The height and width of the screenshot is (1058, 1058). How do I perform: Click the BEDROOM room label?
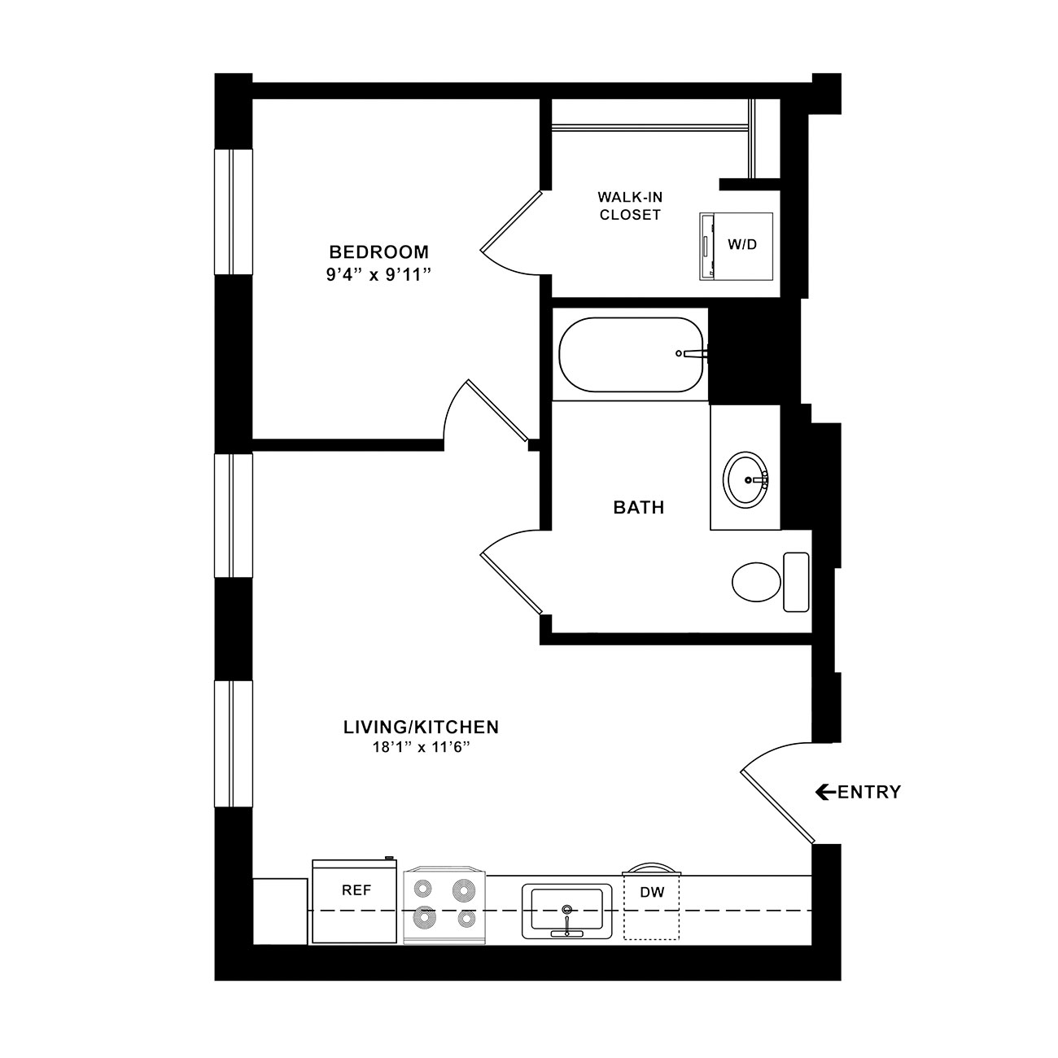click(x=378, y=252)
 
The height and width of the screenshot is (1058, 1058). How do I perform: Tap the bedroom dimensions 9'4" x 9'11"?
click(x=378, y=274)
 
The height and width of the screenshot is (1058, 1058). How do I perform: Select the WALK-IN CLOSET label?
click(x=630, y=205)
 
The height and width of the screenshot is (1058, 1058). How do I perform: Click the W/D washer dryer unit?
click(x=736, y=247)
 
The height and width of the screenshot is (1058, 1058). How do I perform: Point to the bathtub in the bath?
click(x=631, y=355)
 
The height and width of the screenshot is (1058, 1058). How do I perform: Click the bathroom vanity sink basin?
click(x=745, y=480)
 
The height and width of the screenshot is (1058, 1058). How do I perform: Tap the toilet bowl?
click(x=756, y=582)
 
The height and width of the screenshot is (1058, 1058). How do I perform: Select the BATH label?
click(x=639, y=507)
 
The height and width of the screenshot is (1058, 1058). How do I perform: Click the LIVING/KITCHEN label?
click(x=421, y=727)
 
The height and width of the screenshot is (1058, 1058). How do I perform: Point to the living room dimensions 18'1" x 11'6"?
click(x=421, y=747)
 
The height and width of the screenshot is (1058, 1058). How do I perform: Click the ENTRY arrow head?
click(x=822, y=792)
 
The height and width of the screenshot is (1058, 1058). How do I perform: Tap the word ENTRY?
click(x=869, y=792)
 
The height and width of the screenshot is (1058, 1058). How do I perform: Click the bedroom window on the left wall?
click(x=234, y=212)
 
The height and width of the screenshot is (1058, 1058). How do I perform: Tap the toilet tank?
click(x=796, y=582)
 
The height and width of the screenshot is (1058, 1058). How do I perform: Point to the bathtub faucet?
click(x=693, y=353)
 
